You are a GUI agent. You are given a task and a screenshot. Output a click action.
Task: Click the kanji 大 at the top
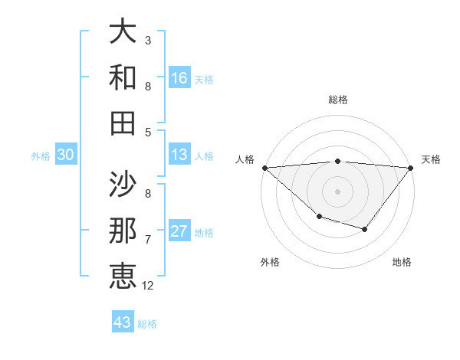(x=123, y=32)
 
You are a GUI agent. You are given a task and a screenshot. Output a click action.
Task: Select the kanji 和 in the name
(x=123, y=77)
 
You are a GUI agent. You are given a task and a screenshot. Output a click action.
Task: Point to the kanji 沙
(x=123, y=184)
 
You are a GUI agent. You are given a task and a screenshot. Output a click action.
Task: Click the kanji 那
(x=123, y=230)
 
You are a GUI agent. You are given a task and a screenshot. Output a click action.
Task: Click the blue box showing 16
(x=179, y=77)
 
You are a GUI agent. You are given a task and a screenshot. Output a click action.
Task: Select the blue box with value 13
(x=179, y=155)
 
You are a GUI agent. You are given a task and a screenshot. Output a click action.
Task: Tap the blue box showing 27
(x=179, y=232)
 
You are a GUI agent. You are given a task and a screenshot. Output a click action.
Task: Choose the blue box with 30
(x=65, y=155)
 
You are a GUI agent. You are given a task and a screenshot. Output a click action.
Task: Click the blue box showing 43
(x=123, y=322)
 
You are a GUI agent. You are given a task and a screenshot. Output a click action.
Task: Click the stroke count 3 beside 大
(x=148, y=40)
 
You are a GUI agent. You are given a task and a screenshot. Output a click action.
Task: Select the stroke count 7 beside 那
(x=148, y=239)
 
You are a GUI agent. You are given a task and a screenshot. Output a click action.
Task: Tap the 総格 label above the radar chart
(x=337, y=100)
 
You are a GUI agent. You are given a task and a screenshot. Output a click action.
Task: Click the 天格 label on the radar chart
(x=431, y=159)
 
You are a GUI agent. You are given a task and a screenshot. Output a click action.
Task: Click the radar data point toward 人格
(x=264, y=167)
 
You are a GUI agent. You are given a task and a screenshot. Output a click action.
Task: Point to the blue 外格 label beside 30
(x=41, y=155)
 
